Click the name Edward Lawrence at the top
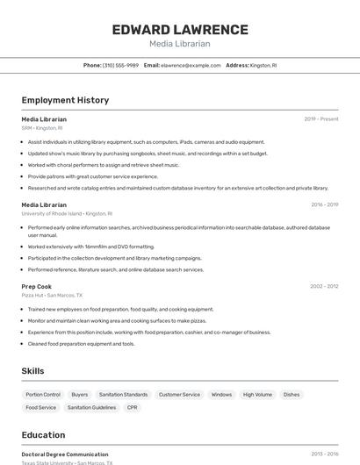click(x=180, y=30)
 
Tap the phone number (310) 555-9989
click(x=120, y=65)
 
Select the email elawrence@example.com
click(x=191, y=65)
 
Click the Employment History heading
click(x=65, y=100)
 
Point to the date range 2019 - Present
click(x=321, y=119)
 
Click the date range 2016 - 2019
click(x=324, y=205)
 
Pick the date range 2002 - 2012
click(x=324, y=286)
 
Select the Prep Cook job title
click(x=37, y=287)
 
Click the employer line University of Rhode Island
click(x=67, y=213)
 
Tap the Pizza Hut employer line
click(x=52, y=296)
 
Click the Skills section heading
click(x=32, y=371)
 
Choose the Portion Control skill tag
click(x=43, y=395)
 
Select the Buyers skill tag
click(x=80, y=395)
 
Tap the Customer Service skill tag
click(x=179, y=395)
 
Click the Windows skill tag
click(x=221, y=395)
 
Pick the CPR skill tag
click(x=133, y=407)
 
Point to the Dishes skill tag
click(x=292, y=395)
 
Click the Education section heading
click(x=43, y=435)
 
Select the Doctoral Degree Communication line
click(x=65, y=454)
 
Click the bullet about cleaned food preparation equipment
click(x=81, y=344)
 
